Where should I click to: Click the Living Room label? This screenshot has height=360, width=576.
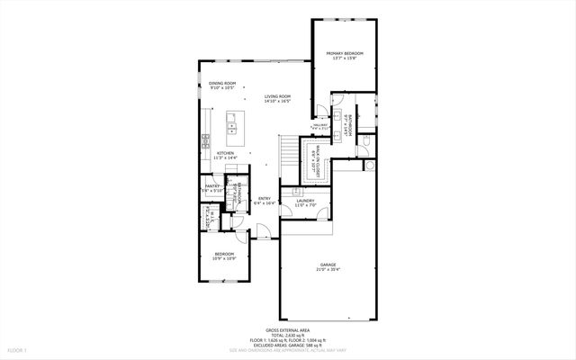pos(277,96)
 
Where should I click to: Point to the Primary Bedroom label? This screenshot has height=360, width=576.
pos(343,54)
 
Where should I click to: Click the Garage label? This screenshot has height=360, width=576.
pos(328,265)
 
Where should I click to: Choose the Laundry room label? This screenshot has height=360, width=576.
pos(305,201)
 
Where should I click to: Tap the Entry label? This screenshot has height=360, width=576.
pos(265,198)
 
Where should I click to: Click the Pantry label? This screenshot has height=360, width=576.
pos(211,185)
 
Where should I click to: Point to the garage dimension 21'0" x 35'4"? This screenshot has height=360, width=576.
pos(328,269)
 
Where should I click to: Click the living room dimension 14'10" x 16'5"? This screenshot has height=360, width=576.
pos(277,101)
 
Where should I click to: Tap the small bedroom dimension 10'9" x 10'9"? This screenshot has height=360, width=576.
pos(224,259)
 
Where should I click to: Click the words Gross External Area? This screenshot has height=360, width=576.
pos(287,330)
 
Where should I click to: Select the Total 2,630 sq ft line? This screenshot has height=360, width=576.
pos(287,335)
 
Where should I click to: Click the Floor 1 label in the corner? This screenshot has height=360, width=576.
pos(18,349)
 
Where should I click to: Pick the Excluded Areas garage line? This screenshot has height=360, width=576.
pos(287,345)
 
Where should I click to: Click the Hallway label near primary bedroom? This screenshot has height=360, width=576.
pos(319,125)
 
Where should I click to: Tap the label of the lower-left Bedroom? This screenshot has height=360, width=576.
pos(224,254)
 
